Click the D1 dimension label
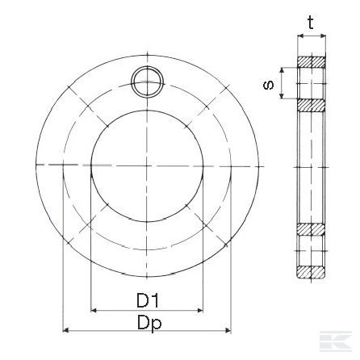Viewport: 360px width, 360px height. tap(148, 300)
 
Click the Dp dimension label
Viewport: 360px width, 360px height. tap(149, 324)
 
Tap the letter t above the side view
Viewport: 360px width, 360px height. tap(311, 23)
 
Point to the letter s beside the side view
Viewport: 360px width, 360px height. tap(268, 85)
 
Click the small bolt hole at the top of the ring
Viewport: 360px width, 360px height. tap(147, 82)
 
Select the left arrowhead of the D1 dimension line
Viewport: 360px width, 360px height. tap(94, 310)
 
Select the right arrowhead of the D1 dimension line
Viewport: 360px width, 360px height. tap(200, 310)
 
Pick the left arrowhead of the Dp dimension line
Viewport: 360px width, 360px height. tap(65, 330)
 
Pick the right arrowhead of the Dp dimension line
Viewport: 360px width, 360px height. tap(228, 330)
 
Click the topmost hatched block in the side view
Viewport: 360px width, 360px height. tap(312, 62)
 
